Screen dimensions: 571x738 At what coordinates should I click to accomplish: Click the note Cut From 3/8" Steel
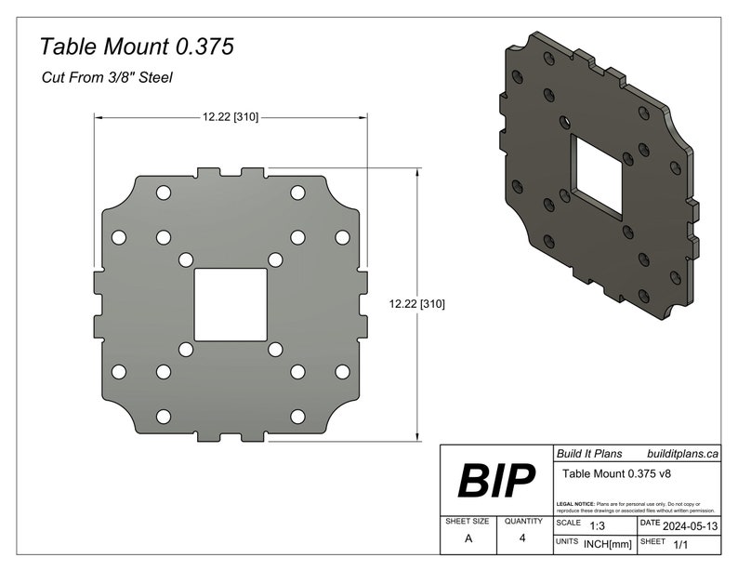(107, 78)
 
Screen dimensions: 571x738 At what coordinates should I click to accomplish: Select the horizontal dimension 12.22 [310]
(231, 117)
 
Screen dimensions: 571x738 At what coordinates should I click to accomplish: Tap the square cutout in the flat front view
(231, 304)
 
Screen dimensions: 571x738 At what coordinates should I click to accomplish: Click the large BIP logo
(496, 481)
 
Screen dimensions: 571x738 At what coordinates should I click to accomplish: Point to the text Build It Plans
(587, 453)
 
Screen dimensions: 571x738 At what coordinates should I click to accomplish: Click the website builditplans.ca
(682, 453)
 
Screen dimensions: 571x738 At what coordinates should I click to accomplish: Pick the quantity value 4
(522, 538)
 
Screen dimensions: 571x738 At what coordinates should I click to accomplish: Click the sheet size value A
(468, 538)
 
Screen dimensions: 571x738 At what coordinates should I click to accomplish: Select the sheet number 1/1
(681, 542)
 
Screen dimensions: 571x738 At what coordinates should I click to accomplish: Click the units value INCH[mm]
(608, 543)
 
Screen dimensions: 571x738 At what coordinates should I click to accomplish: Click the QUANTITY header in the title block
(523, 522)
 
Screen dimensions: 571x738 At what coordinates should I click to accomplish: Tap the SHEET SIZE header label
(468, 522)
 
